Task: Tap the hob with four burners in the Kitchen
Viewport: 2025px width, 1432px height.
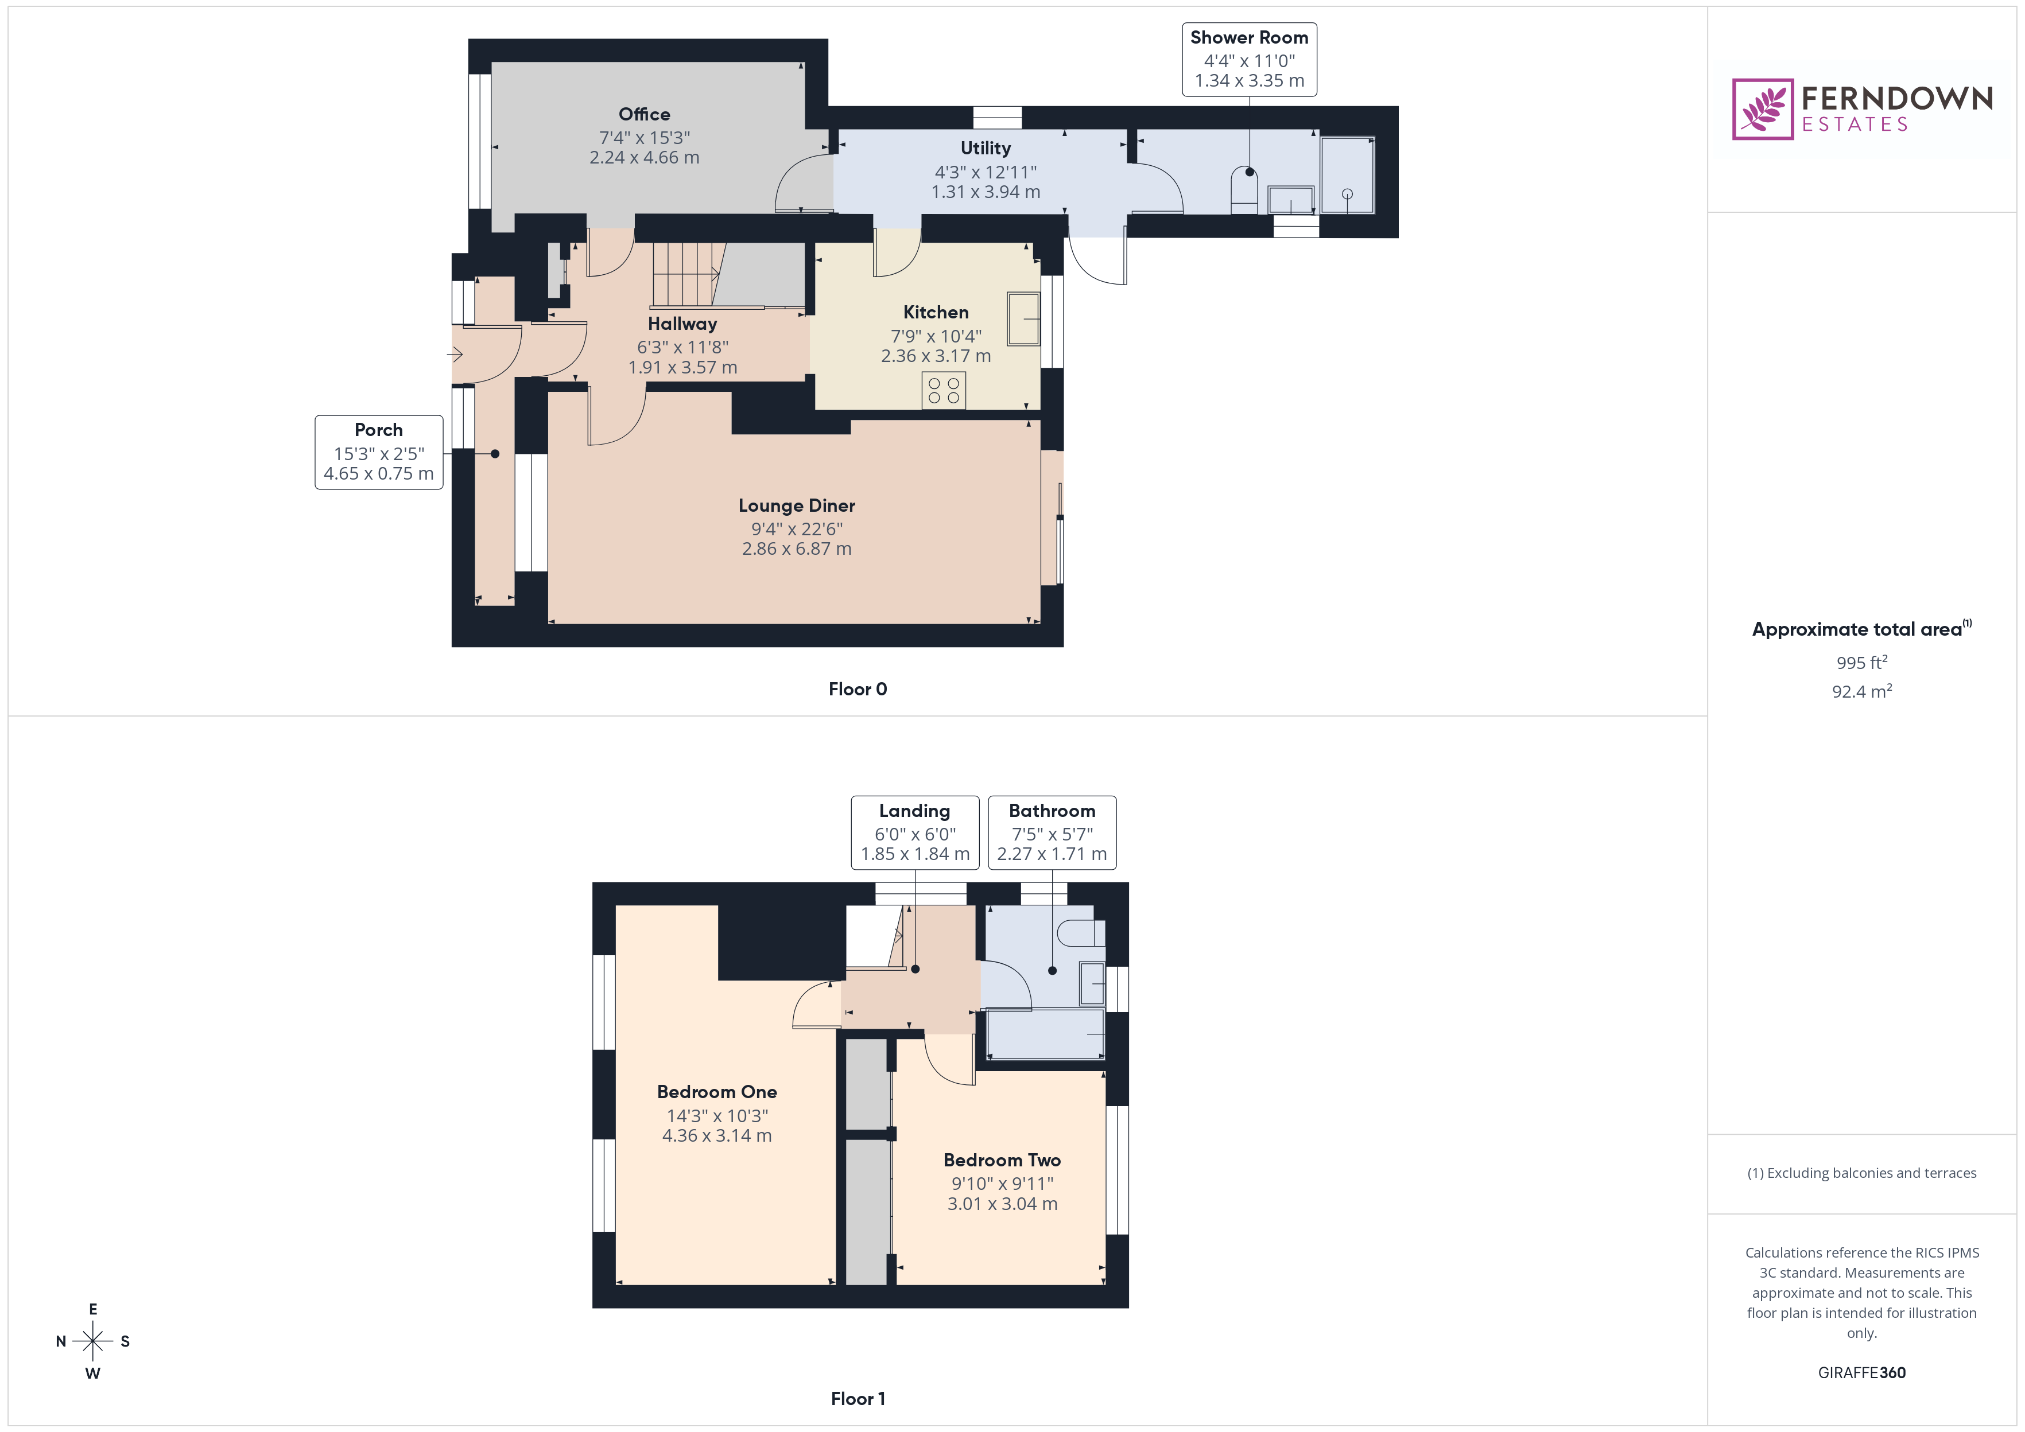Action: click(943, 391)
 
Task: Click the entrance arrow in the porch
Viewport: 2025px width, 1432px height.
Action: click(455, 355)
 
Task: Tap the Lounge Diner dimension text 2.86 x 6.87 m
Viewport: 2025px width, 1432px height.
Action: click(797, 548)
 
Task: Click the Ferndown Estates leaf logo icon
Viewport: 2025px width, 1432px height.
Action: click(1762, 110)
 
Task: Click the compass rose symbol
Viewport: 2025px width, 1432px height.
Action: click(92, 1341)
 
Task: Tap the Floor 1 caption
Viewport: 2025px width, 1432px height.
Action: click(858, 1399)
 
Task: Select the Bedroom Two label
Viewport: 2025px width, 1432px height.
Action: click(1002, 1159)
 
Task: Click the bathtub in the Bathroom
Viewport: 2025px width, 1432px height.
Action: click(1044, 1035)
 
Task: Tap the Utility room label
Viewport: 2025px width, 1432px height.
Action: click(985, 148)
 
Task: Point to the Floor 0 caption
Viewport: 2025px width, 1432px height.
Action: click(858, 688)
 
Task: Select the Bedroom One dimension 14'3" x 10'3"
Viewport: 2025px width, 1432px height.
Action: click(716, 1115)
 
